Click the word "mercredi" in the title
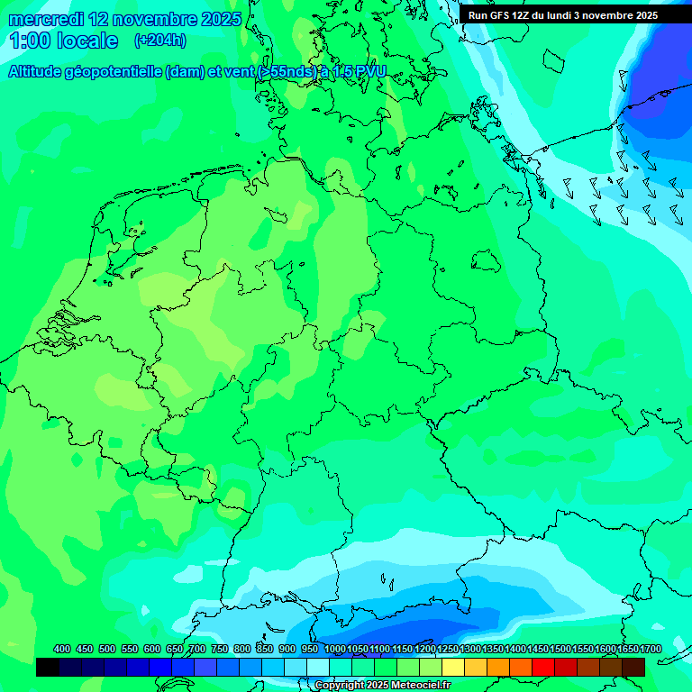pyautogui.click(x=46, y=19)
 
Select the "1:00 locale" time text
pyautogui.click(x=63, y=41)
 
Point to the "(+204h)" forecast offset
pyautogui.click(x=159, y=41)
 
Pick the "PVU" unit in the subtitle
pyautogui.click(x=368, y=72)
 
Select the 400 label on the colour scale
pyautogui.click(x=62, y=650)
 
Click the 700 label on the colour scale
pyautogui.click(x=197, y=650)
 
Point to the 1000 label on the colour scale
pyautogui.click(x=334, y=650)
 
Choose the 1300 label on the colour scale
pyautogui.click(x=470, y=650)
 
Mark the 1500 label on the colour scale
pyautogui.click(x=560, y=650)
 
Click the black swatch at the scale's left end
pyautogui.click(x=47, y=667)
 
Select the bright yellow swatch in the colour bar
pyautogui.click(x=453, y=667)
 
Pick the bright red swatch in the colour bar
pyautogui.click(x=543, y=667)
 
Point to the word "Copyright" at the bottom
pyautogui.click(x=339, y=686)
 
